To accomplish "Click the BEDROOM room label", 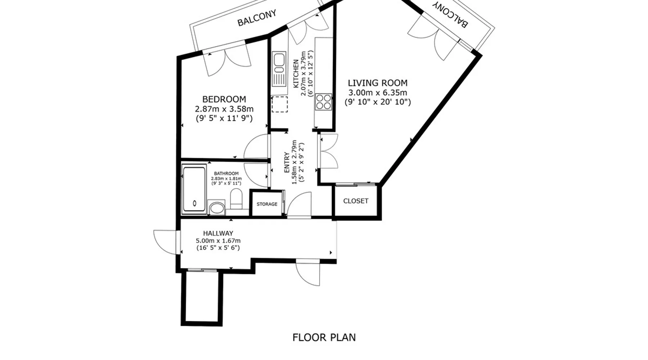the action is click(224, 99).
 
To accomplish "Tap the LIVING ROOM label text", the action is click(378, 83).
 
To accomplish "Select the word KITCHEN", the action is click(296, 74).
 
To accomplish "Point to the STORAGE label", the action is click(267, 204).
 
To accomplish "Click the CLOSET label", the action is click(356, 201).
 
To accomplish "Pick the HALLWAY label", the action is click(218, 233).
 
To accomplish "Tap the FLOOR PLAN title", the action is click(324, 337).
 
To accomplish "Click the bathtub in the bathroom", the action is click(194, 189).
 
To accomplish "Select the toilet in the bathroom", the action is click(236, 199).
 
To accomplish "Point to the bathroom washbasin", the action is click(217, 208).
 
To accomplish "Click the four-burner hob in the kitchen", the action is click(323, 102).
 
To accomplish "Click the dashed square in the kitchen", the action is click(279, 104).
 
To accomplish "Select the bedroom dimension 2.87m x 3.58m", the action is click(224, 109).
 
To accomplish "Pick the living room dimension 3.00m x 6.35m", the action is click(378, 93).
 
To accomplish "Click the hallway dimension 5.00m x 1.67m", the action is click(218, 241).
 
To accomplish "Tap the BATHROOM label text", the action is click(226, 174).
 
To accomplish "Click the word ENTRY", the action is click(287, 162).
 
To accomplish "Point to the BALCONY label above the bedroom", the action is click(257, 18).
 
